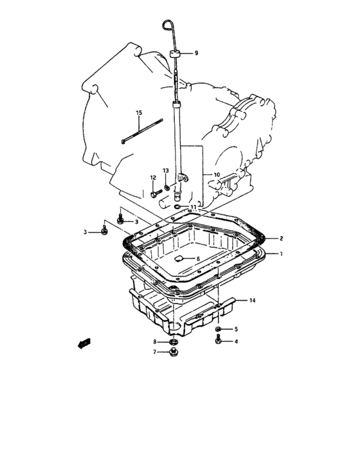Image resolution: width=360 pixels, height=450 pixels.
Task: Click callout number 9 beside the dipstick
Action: pos(196,53)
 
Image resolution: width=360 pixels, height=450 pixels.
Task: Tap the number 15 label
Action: pos(139,113)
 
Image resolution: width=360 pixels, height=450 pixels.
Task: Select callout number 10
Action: pos(217,174)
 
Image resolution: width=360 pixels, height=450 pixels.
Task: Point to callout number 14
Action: pos(252,300)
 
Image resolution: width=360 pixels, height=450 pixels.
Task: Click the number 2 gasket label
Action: pos(282,239)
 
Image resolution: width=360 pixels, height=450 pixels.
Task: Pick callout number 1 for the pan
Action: pos(282,254)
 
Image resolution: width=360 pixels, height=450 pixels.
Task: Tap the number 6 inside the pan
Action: pos(198,258)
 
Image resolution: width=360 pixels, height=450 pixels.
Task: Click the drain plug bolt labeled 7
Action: pos(173,352)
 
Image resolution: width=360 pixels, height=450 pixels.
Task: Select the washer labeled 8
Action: pos(173,341)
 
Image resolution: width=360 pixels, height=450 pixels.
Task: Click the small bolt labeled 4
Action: pos(218,339)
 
